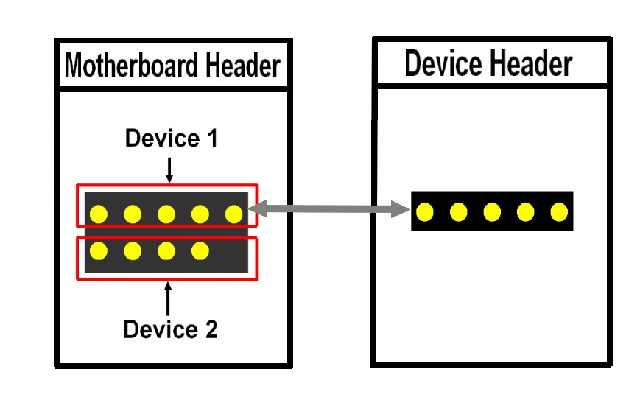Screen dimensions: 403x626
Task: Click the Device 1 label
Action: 171,138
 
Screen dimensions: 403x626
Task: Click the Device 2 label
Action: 170,329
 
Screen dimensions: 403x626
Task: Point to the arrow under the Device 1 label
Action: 169,169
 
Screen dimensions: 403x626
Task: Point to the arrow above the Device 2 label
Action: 169,298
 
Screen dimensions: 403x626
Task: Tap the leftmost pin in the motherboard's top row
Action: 98,214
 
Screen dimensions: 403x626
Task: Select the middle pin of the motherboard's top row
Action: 166,214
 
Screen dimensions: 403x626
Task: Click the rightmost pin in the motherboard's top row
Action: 233,214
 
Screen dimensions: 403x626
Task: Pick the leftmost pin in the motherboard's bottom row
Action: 98,251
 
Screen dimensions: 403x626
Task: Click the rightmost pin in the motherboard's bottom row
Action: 200,251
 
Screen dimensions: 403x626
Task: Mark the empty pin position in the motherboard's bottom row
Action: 233,251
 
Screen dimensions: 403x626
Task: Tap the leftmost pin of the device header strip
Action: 424,213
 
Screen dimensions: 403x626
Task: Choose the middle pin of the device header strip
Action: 491,213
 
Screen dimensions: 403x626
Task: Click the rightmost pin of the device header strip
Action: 558,213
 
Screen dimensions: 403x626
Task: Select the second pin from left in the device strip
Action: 457,213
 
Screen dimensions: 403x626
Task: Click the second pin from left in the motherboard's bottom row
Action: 133,251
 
